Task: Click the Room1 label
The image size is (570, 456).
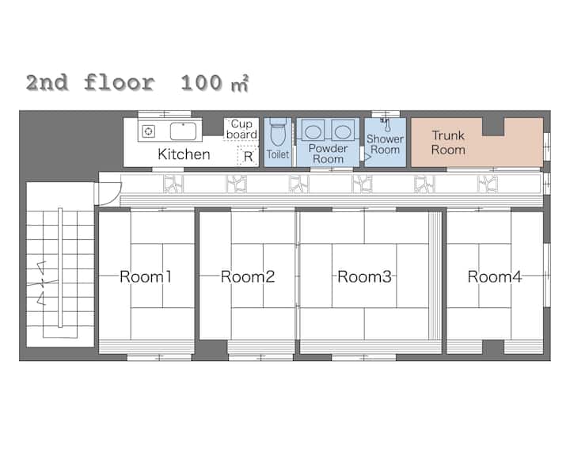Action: (146, 277)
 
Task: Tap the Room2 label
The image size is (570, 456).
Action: (248, 277)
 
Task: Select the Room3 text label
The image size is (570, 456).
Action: (364, 277)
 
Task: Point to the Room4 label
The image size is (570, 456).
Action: (494, 277)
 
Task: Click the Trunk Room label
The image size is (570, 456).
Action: (448, 142)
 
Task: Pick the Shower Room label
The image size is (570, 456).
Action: (385, 144)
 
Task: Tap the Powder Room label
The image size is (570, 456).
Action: (328, 154)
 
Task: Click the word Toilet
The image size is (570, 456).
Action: (278, 154)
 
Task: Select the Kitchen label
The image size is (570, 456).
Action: (184, 154)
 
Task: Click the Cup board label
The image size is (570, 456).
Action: (241, 129)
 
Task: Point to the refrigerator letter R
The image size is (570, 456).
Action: (249, 157)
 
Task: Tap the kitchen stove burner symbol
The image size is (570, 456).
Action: (148, 131)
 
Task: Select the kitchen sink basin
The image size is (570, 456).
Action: (183, 131)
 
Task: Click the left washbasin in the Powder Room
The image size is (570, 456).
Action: (313, 131)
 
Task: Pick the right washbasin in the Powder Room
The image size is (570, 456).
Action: (343, 131)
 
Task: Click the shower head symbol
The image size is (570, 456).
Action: (386, 125)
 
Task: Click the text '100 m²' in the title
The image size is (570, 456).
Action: (215, 83)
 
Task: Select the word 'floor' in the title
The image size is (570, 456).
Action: (120, 82)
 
